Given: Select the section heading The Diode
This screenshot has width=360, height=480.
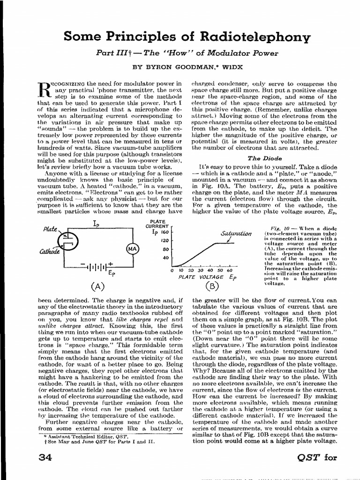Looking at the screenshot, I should click(264, 158).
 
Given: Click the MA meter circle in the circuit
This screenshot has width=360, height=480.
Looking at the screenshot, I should click(131, 249).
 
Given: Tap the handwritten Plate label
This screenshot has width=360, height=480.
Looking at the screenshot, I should click(50, 230).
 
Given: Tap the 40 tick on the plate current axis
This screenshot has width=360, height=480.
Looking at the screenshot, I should click(165, 258).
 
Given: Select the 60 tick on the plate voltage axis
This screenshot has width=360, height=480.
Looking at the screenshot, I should click(230, 270).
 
